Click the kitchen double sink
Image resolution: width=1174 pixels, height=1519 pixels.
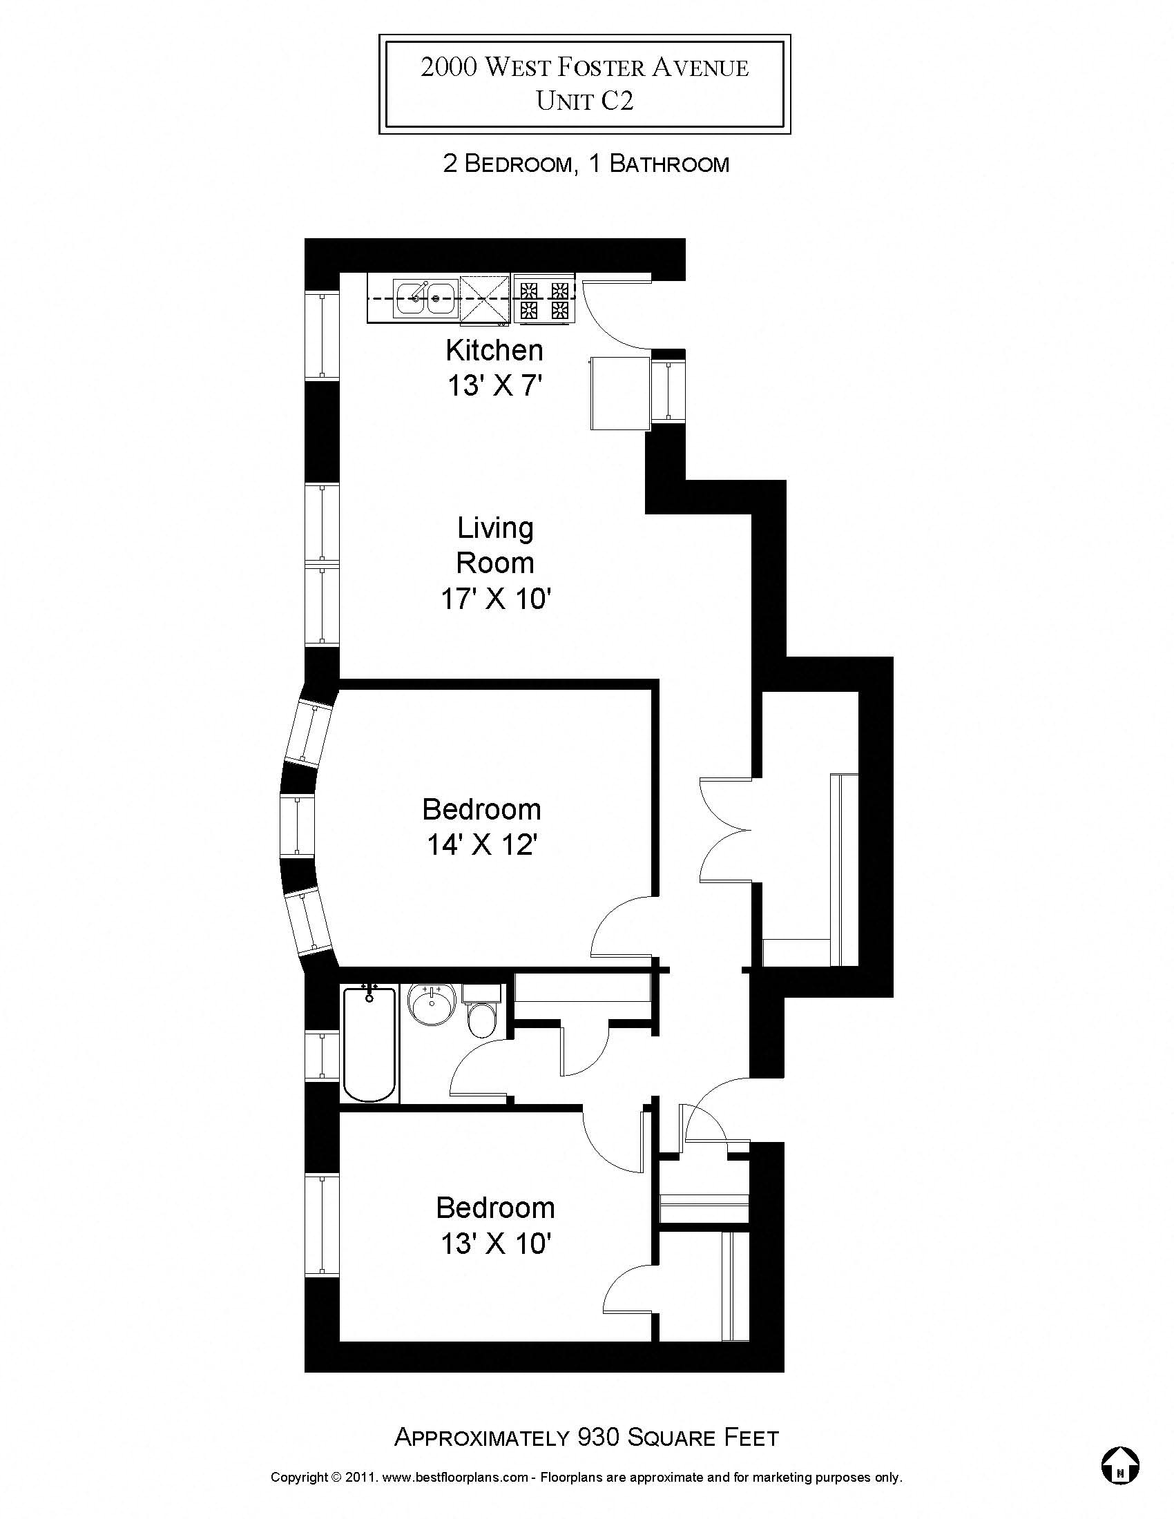425,298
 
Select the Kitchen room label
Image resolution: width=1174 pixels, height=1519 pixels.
494,351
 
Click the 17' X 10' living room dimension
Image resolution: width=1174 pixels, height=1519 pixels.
496,599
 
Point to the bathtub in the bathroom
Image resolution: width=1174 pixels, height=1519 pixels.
369,1044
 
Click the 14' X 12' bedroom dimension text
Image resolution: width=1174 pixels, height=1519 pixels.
482,846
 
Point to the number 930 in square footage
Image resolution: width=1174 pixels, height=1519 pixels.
597,1437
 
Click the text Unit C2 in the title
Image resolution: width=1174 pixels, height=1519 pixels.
584,101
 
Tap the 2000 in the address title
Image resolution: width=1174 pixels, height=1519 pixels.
449,68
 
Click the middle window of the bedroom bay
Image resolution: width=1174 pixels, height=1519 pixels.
297,826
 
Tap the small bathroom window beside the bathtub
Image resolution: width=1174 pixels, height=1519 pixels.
322,1056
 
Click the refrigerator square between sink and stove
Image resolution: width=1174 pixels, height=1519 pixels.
485,299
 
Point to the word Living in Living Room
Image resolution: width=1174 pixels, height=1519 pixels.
495,529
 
